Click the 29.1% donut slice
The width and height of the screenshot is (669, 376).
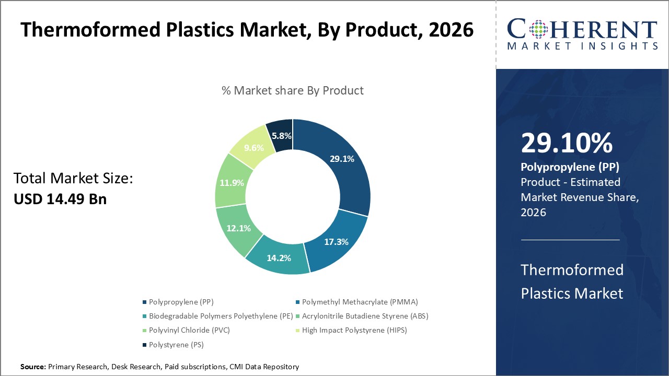click(342, 159)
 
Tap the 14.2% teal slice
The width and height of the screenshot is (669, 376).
click(278, 257)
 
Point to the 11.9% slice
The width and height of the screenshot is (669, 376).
click(231, 183)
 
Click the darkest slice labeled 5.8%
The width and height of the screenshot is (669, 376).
click(280, 135)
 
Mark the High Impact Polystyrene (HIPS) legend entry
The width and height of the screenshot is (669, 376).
click(354, 330)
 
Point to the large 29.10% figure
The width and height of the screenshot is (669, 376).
click(567, 144)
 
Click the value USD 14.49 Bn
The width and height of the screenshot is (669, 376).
click(60, 199)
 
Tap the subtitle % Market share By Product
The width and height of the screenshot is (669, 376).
click(293, 90)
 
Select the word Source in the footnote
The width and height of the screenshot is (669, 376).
click(33, 367)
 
